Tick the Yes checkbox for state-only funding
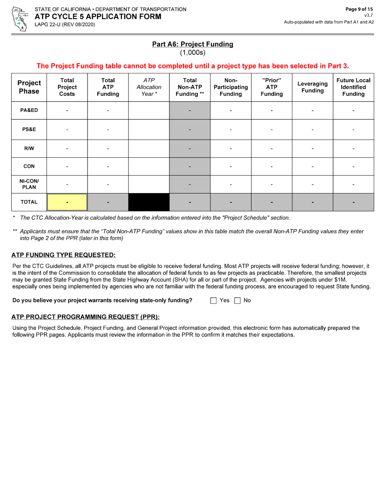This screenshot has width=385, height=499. tap(214, 301)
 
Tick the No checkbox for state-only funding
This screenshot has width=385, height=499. tap(237, 301)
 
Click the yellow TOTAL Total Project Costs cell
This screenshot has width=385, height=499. tap(67, 202)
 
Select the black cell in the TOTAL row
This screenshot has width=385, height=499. tap(149, 202)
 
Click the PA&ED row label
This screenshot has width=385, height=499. tap(29, 110)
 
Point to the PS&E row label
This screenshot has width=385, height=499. tap(29, 129)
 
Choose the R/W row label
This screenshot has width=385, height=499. tap(29, 148)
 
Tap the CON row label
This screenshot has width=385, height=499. tap(29, 166)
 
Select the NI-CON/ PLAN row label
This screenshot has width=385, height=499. tap(29, 184)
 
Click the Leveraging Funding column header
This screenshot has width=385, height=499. tap(312, 87)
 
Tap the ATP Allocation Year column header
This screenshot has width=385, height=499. tap(149, 87)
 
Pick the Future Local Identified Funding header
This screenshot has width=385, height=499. tap(353, 87)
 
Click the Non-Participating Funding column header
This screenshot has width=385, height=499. tap(231, 87)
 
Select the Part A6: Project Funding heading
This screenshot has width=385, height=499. tap(192, 44)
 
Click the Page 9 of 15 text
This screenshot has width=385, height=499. tap(359, 9)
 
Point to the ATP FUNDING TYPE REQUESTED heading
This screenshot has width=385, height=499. tap(63, 255)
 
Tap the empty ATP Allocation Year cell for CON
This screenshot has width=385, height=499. tap(149, 166)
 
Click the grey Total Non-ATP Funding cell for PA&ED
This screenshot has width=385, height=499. tap(190, 110)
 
